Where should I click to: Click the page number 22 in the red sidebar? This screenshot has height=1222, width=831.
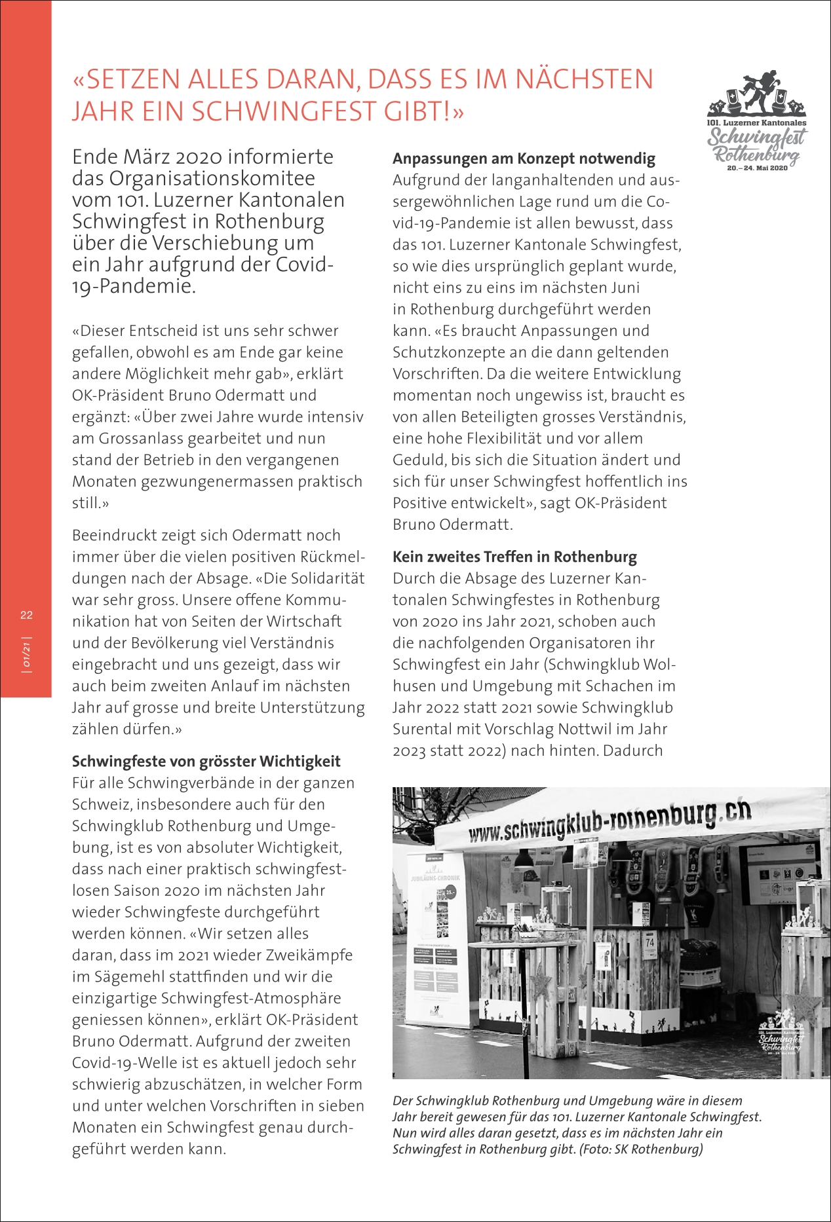[x=26, y=615]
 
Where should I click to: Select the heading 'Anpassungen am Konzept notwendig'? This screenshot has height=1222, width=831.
[x=524, y=158]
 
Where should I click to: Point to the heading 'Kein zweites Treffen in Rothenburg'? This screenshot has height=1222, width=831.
[x=514, y=557]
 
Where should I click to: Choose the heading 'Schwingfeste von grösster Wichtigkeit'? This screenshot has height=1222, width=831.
[x=206, y=761]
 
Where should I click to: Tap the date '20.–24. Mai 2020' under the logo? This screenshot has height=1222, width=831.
[x=757, y=168]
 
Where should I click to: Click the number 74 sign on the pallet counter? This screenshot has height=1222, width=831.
[x=649, y=944]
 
